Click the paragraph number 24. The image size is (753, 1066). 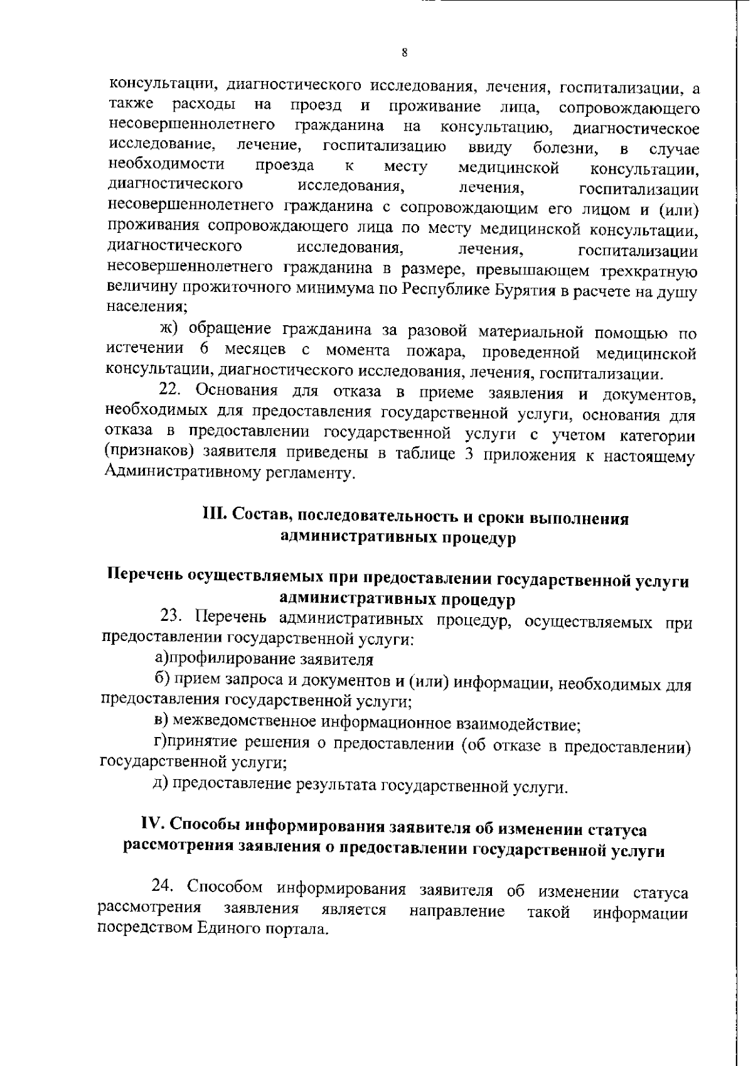164,886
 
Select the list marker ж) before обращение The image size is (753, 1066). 167,329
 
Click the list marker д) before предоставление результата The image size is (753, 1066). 161,783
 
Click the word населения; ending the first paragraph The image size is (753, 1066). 147,308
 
